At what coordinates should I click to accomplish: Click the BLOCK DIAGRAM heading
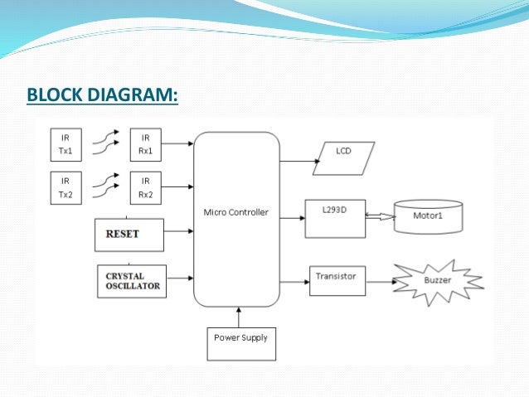[x=102, y=96]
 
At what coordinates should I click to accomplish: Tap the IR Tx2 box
[x=66, y=186]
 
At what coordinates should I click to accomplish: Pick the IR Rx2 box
[x=146, y=186]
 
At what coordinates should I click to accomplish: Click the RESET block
[x=129, y=234]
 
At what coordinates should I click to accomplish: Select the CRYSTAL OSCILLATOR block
[x=131, y=281]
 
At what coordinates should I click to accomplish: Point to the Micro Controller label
[x=236, y=212]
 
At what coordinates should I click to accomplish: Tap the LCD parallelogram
[x=343, y=157]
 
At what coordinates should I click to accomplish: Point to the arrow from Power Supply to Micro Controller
[x=240, y=317]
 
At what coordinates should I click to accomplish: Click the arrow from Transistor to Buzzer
[x=381, y=282]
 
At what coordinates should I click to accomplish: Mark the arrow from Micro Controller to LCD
[x=295, y=158]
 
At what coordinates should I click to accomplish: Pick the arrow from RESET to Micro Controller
[x=178, y=234]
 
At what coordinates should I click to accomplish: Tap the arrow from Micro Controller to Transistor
[x=294, y=282]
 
